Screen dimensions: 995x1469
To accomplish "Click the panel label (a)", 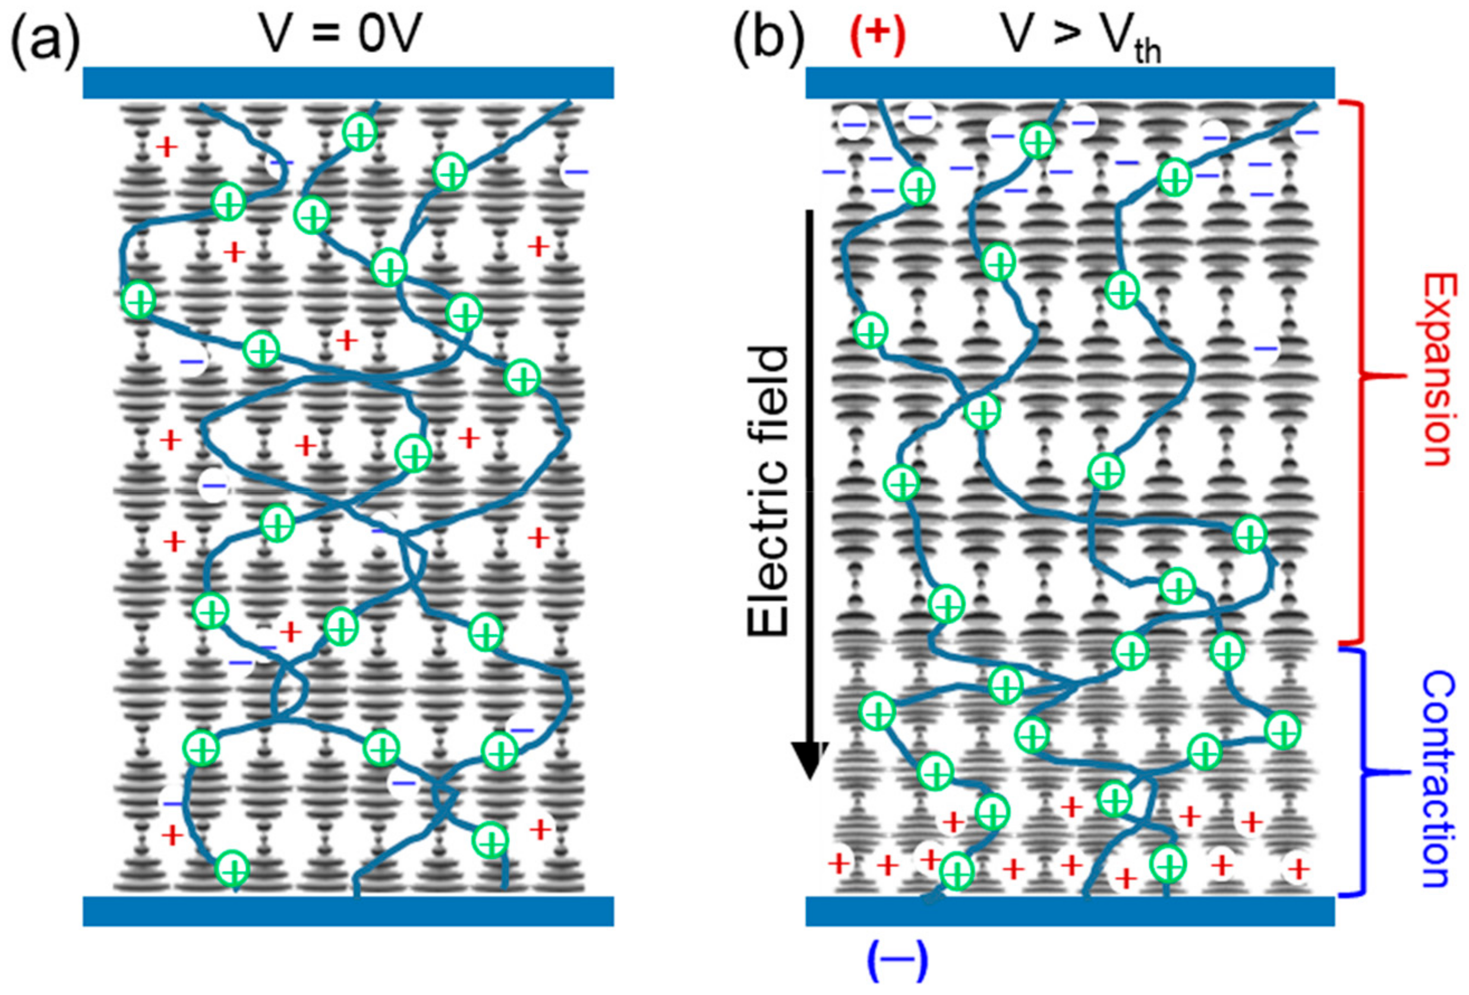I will (46, 39).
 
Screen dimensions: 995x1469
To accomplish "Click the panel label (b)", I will (768, 39).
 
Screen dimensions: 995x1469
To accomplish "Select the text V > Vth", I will (1081, 38).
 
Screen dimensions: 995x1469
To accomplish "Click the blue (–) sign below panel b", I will (897, 959).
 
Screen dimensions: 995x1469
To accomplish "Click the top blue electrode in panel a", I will (348, 82).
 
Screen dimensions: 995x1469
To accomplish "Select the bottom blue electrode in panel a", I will (348, 910).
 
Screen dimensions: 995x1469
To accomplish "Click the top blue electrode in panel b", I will (1070, 82).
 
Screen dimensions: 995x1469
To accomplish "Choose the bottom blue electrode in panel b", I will (1070, 910).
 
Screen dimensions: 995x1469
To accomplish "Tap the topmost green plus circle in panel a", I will (360, 133).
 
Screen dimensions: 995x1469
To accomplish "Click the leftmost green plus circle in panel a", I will (139, 300).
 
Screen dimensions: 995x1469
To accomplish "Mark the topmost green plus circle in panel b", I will (1038, 141).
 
